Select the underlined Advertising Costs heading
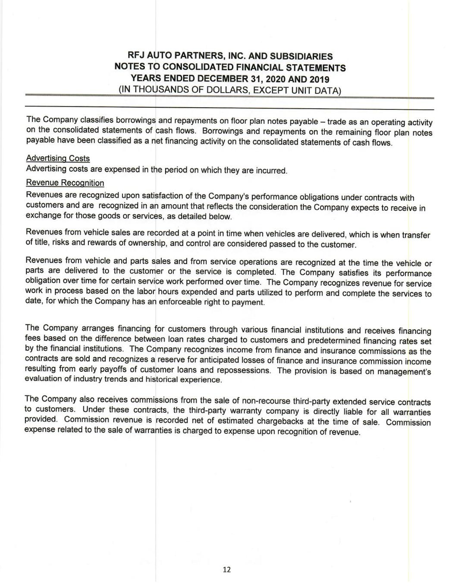pyautogui.click(x=58, y=159)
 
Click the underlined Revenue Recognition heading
pyautogui.click(x=65, y=183)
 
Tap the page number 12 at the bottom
pyautogui.click(x=227, y=569)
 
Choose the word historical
pyautogui.click(x=166, y=380)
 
